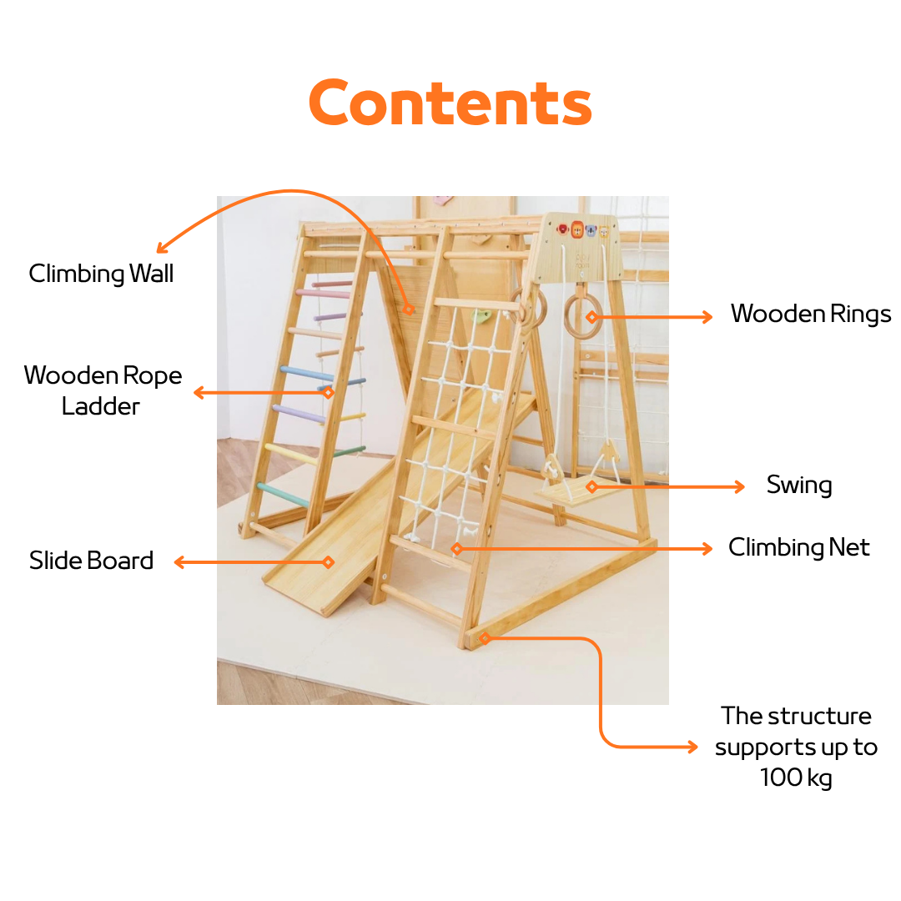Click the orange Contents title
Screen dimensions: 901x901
[x=450, y=103]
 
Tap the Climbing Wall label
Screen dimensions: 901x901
[x=101, y=274]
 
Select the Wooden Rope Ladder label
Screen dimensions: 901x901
[x=103, y=390]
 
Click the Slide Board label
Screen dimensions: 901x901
[x=92, y=561]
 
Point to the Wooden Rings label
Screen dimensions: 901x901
[x=811, y=314]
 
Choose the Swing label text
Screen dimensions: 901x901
[x=799, y=485]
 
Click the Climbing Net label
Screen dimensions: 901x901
[x=798, y=547]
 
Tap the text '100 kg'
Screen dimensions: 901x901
[x=797, y=778]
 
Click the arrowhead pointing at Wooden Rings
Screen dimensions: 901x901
[x=707, y=317]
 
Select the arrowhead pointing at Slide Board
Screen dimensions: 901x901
[x=180, y=562]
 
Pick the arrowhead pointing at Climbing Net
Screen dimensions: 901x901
[x=707, y=549]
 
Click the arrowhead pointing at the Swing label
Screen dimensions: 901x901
[x=739, y=486]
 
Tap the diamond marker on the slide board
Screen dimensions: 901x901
[x=328, y=562]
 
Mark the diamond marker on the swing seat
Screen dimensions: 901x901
[x=591, y=486]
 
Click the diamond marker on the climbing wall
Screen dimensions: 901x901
[x=409, y=310]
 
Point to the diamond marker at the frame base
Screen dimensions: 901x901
[x=485, y=638]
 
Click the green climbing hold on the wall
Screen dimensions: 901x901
[x=481, y=315]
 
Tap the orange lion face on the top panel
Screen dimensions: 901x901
[x=577, y=230]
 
